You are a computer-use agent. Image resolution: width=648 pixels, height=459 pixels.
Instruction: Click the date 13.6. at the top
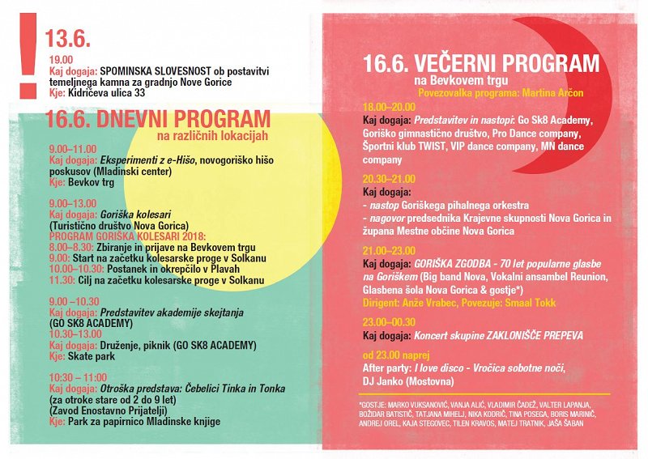67,39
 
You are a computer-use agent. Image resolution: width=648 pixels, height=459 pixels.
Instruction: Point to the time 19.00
61,60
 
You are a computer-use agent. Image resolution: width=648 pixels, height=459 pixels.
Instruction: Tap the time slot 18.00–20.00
389,108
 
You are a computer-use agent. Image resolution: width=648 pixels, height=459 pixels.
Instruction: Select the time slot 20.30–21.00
389,179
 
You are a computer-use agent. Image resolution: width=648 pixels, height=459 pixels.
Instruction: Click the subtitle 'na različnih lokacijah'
211,136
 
